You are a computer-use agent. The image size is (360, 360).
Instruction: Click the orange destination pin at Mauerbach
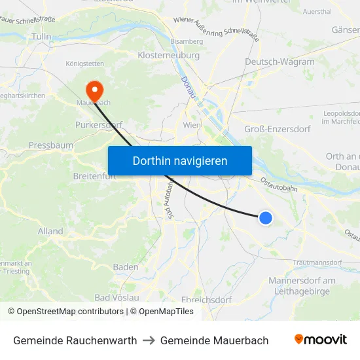click(94, 90)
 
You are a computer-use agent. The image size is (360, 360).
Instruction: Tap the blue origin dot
click(266, 218)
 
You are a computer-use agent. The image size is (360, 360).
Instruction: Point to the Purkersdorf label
click(99, 124)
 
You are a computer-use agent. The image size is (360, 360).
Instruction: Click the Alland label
click(50, 231)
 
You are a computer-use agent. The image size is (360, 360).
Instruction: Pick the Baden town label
click(126, 267)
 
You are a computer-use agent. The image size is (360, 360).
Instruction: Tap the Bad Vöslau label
click(117, 297)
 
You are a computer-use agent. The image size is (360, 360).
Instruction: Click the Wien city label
click(192, 125)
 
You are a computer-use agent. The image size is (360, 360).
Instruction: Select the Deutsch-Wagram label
click(279, 62)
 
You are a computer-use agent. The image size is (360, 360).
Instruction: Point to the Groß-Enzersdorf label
click(277, 129)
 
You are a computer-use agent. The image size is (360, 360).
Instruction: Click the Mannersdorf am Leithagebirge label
click(302, 286)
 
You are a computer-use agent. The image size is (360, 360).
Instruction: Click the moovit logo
click(320, 340)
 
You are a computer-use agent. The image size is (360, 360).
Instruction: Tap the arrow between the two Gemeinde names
click(149, 340)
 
